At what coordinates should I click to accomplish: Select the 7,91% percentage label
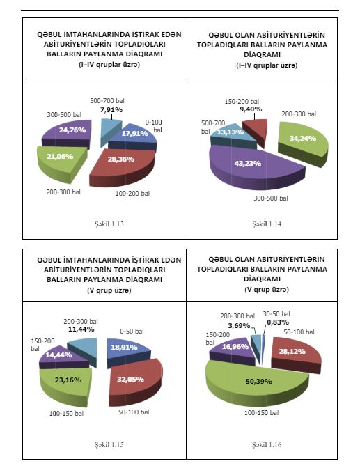111,109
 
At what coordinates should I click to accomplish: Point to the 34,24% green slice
303,142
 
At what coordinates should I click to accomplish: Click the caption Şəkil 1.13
109,224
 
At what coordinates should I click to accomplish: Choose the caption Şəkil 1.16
267,445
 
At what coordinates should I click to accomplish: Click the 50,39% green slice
258,383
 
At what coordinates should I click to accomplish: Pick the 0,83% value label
278,322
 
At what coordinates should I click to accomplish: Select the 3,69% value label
240,326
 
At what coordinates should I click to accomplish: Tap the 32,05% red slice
134,382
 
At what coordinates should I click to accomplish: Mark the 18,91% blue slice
127,352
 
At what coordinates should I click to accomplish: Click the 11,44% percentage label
81,329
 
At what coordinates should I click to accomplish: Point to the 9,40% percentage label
251,109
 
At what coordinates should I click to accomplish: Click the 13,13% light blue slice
232,135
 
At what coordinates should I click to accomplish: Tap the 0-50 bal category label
132,332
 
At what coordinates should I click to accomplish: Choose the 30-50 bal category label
276,314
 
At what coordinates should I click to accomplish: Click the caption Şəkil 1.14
267,224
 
